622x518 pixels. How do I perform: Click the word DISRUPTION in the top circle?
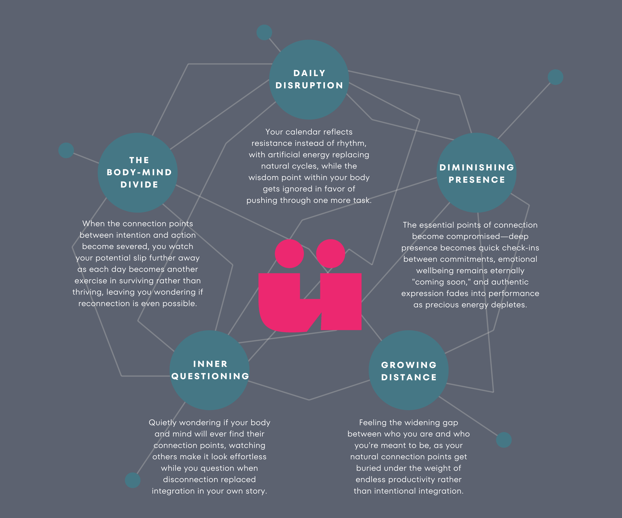[309, 86]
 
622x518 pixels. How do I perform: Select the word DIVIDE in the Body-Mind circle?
[139, 185]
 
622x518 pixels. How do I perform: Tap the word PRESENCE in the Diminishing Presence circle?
[476, 180]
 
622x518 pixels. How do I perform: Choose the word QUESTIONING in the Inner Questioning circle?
[210, 376]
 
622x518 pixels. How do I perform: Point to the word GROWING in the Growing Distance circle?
[409, 365]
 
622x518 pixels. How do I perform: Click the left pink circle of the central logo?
[289, 254]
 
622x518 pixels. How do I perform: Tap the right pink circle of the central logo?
[331, 254]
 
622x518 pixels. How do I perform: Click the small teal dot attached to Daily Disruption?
[264, 32]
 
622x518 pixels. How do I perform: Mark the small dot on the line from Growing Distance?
[504, 440]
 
